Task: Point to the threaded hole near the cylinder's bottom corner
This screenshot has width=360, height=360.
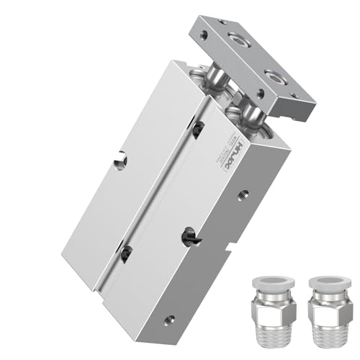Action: click(170, 317)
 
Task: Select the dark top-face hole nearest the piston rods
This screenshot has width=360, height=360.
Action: click(198, 128)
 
